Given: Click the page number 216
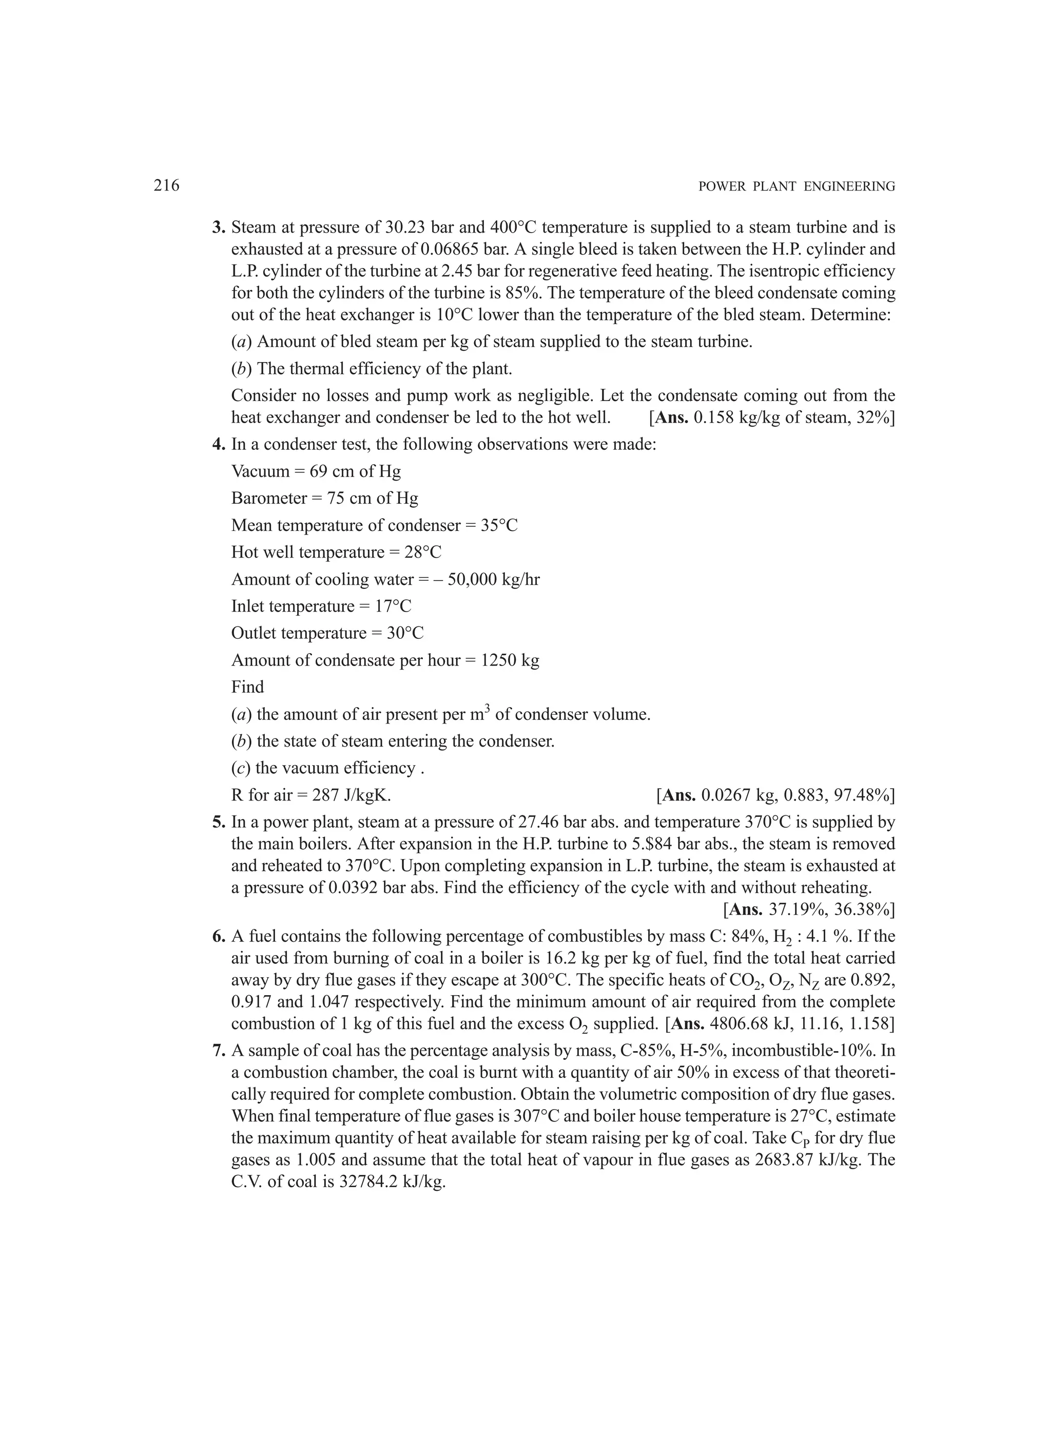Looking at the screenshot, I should click(x=166, y=186).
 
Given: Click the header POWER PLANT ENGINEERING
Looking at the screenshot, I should click(x=796, y=187).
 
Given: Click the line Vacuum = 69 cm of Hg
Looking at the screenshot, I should click(x=316, y=471).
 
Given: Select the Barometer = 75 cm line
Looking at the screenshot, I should click(x=325, y=498).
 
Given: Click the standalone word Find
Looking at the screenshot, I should click(x=247, y=687).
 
